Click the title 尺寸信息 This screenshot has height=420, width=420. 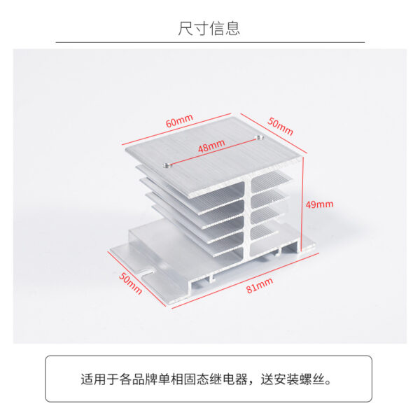[x=209, y=28]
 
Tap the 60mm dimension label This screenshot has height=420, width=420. [x=179, y=120]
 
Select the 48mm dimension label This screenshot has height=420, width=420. [x=211, y=148]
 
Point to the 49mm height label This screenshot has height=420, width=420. [x=320, y=205]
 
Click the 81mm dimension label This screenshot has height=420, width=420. [x=258, y=285]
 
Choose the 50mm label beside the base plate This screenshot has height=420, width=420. [x=130, y=283]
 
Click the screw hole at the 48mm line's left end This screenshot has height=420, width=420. [x=166, y=166]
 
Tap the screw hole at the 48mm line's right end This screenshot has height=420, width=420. [x=260, y=138]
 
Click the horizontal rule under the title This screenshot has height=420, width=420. [x=210, y=43]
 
